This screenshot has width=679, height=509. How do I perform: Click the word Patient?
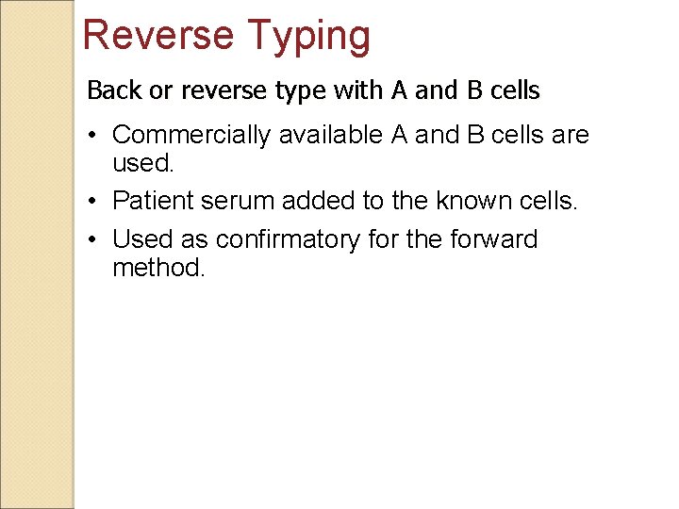coord(153,200)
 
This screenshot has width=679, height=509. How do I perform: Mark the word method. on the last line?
coord(157,269)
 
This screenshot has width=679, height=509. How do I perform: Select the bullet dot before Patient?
coord(95,200)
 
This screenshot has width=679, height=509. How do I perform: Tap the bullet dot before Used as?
coord(95,240)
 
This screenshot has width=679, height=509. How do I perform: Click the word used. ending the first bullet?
coord(142,164)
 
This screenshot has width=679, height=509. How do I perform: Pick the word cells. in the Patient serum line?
coord(551,200)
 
